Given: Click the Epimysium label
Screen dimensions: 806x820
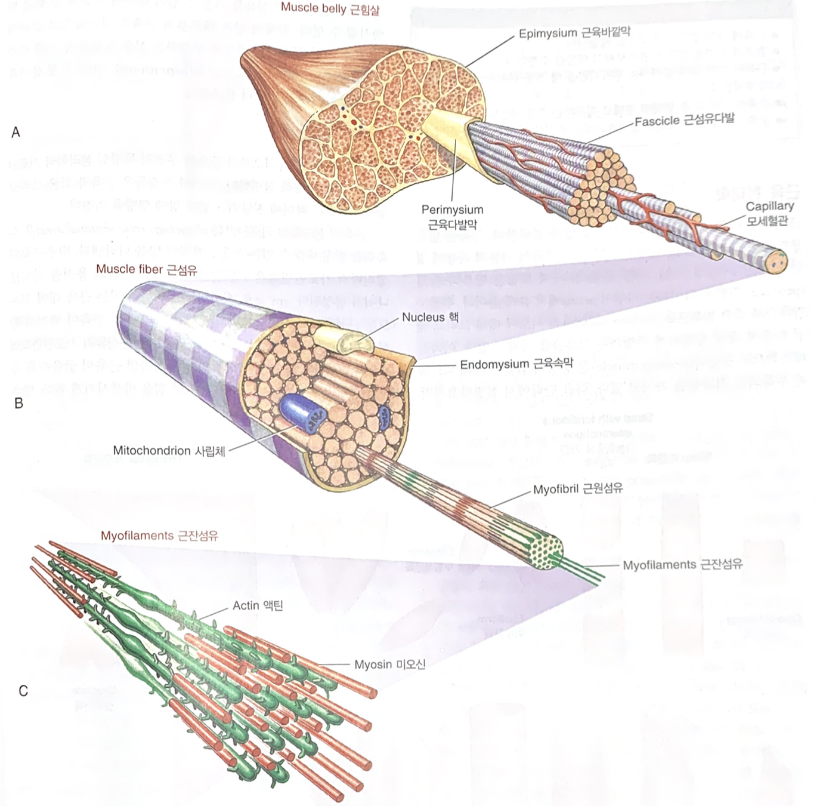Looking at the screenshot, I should pyautogui.click(x=574, y=32).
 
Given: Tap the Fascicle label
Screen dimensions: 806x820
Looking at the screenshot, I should pyautogui.click(x=684, y=119).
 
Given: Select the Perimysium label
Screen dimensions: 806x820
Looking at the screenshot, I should pyautogui.click(x=452, y=217).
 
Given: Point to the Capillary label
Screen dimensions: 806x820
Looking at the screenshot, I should pyautogui.click(x=769, y=213).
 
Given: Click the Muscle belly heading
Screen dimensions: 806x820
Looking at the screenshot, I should pyautogui.click(x=330, y=8).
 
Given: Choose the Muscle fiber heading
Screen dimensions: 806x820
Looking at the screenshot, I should pyautogui.click(x=146, y=269).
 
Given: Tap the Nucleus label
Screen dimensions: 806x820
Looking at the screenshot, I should pyautogui.click(x=430, y=317).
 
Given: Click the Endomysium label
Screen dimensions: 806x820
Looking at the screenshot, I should pyautogui.click(x=516, y=364).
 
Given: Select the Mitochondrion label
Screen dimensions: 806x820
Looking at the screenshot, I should pyautogui.click(x=169, y=451).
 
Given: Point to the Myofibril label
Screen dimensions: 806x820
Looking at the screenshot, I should pyautogui.click(x=577, y=489).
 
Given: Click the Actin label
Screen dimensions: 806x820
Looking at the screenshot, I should pyautogui.click(x=258, y=605).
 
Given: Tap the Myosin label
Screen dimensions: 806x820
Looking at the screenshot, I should pyautogui.click(x=389, y=665).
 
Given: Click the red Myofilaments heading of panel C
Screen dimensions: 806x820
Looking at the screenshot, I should pyautogui.click(x=159, y=536).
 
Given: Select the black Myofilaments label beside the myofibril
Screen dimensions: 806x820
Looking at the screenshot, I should pyautogui.click(x=682, y=564).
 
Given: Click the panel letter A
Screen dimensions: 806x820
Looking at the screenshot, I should pyautogui.click(x=16, y=132).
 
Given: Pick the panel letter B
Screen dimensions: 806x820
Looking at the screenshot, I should pyautogui.click(x=18, y=404).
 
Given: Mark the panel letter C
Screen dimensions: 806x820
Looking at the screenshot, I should pyautogui.click(x=23, y=691).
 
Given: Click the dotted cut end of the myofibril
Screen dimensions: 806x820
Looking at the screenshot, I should pyautogui.click(x=548, y=551).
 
